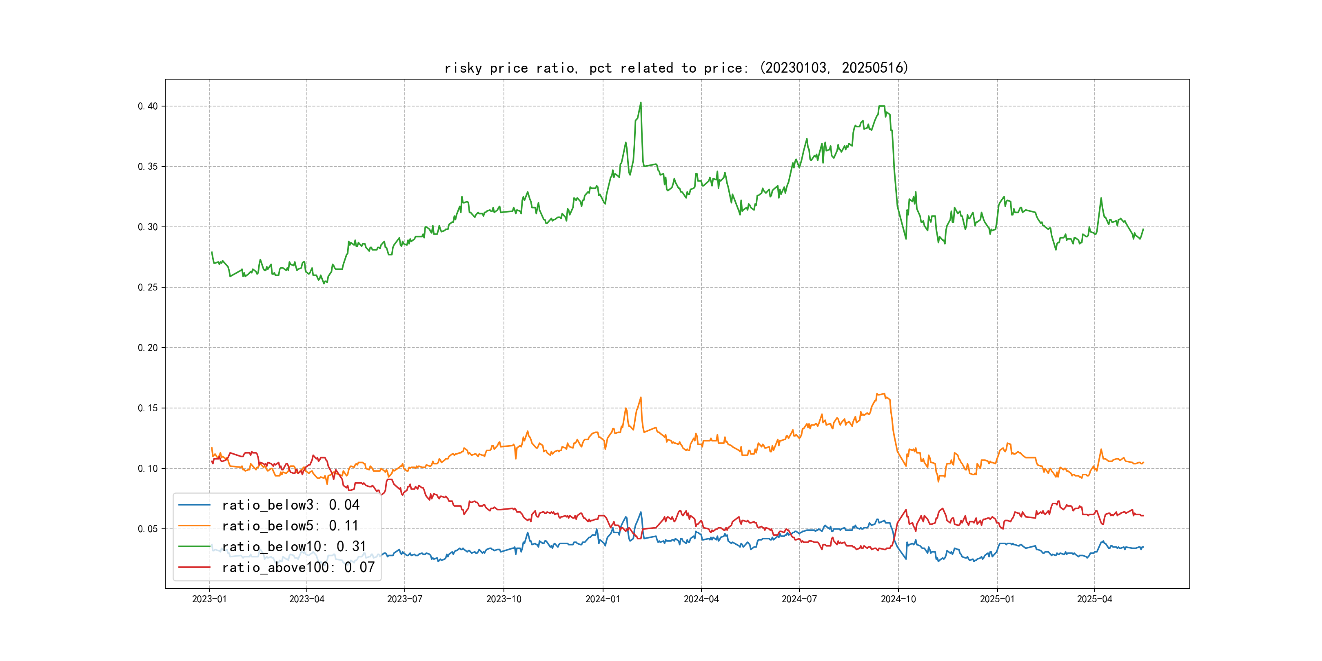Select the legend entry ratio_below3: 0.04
pyautogui.click(x=290, y=505)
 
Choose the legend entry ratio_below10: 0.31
pyautogui.click(x=293, y=547)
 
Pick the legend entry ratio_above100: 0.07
pyautogui.click(x=298, y=567)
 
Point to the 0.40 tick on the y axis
pyautogui.click(x=148, y=106)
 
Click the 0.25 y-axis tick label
pyautogui.click(x=148, y=287)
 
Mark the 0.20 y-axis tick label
pyautogui.click(x=148, y=348)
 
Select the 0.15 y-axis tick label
pyautogui.click(x=148, y=408)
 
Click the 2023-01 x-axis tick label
pyautogui.click(x=209, y=599)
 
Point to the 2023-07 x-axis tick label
pyautogui.click(x=404, y=599)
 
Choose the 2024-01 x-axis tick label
pyautogui.click(x=603, y=599)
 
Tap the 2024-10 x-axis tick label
pyautogui.click(x=898, y=599)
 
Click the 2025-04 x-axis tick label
pyautogui.click(x=1095, y=599)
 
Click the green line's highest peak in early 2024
pyautogui.click(x=641, y=103)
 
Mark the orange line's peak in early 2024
pyautogui.click(x=641, y=397)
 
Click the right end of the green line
pyautogui.click(x=1143, y=229)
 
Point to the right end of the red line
pyautogui.click(x=1143, y=515)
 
